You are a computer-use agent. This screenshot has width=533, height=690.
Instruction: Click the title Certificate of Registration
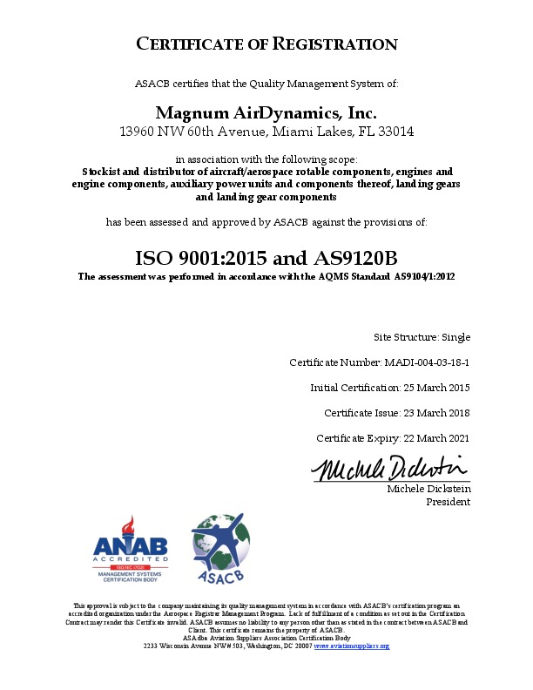pos(266,44)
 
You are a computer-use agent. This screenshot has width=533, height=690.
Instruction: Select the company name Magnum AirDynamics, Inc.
pos(266,113)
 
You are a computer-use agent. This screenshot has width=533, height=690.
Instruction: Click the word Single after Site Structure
pos(455,336)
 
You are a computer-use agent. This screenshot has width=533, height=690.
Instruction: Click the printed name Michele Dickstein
pos(428,490)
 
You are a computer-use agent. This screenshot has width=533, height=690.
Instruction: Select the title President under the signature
pos(448,502)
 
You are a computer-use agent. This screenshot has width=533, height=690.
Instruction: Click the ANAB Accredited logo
pos(130,549)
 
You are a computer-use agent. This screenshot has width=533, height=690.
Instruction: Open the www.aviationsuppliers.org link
pos(351,646)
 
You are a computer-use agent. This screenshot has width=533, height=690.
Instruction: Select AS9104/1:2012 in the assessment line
pos(424,276)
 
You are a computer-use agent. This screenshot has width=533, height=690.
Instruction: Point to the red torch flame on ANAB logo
pos(130,525)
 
